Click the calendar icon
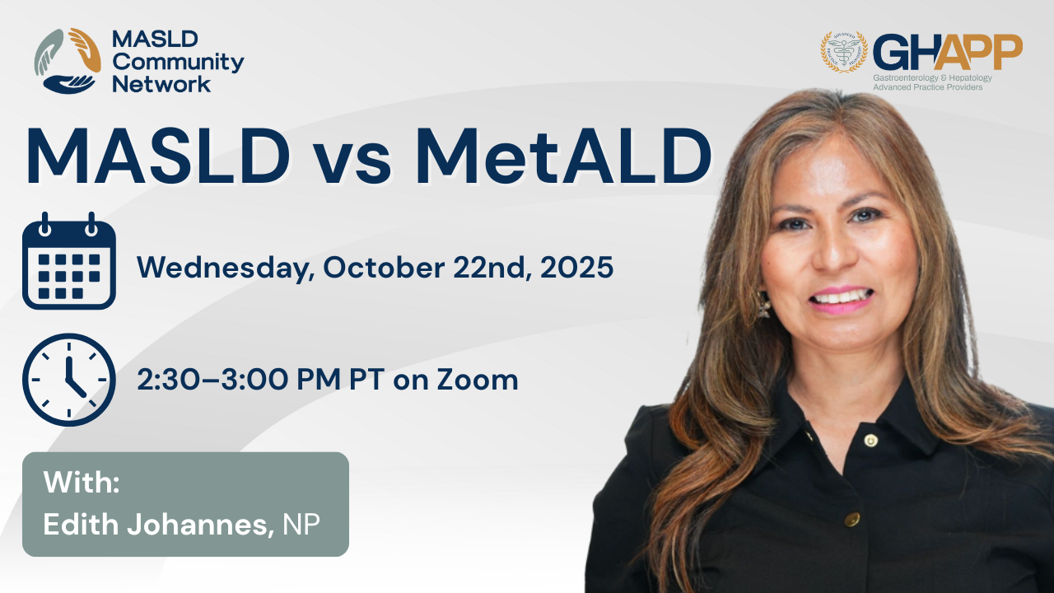(x=68, y=261)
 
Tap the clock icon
(x=68, y=380)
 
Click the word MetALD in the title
(x=563, y=156)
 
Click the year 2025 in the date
(x=576, y=268)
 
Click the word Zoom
(x=478, y=380)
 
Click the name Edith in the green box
(x=81, y=524)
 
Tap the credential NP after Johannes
(x=301, y=524)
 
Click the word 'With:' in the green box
(x=82, y=482)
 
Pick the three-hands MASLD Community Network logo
(x=68, y=61)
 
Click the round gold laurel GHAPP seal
(x=844, y=52)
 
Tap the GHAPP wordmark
(x=948, y=52)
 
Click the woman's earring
(x=763, y=305)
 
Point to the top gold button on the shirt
(x=870, y=440)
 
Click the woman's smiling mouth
(x=842, y=301)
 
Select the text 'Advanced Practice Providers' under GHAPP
(x=928, y=87)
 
